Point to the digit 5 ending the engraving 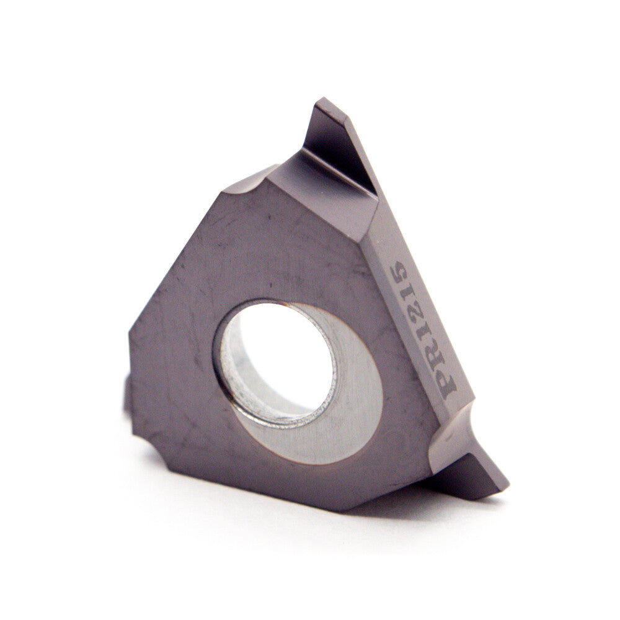[396, 272]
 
